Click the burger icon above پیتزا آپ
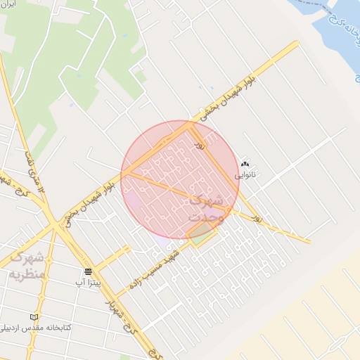point(88,272)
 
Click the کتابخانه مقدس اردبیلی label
point(33,328)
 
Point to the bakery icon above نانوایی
point(245,162)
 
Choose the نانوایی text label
point(245,173)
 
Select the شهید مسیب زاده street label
point(157,275)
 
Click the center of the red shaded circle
point(180,180)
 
